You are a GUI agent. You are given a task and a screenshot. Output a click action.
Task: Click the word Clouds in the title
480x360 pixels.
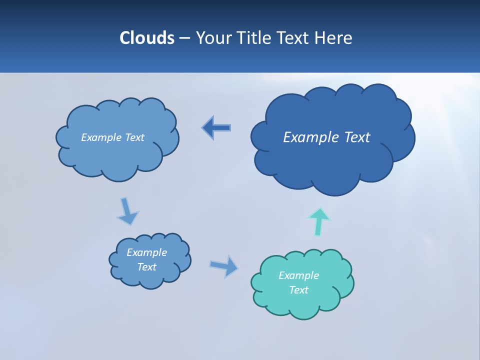146,37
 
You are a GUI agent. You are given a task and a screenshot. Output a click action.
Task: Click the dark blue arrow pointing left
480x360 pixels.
216,128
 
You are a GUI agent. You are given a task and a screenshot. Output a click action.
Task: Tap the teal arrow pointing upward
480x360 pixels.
318,221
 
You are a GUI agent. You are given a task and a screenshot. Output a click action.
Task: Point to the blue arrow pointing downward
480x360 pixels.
127,210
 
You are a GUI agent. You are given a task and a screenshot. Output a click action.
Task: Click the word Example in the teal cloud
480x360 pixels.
298,275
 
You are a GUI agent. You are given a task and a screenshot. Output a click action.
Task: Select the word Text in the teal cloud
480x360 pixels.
298,290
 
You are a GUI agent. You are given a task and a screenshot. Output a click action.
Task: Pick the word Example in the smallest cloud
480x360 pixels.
146,252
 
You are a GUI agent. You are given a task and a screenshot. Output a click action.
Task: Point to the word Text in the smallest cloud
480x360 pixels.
146,267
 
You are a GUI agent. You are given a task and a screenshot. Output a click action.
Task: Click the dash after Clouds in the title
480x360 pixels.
183,38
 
